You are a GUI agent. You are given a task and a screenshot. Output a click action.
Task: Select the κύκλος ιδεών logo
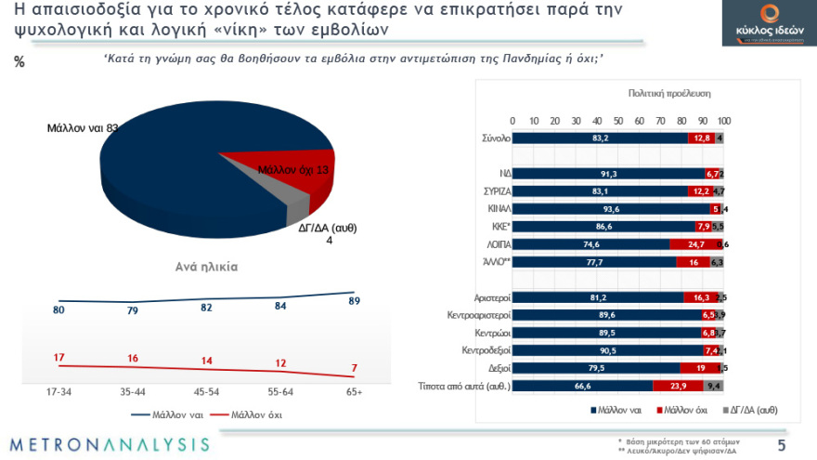click(x=760, y=25)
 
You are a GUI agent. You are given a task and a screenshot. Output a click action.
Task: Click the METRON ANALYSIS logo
click(x=110, y=444)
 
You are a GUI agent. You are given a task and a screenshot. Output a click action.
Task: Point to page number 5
click(x=781, y=445)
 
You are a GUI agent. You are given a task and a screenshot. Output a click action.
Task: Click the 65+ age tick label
click(x=354, y=392)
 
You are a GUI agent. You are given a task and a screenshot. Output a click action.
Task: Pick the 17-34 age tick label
click(x=58, y=392)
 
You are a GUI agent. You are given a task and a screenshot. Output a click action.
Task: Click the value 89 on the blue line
click(x=354, y=301)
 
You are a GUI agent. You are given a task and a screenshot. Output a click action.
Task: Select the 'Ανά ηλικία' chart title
click(x=206, y=266)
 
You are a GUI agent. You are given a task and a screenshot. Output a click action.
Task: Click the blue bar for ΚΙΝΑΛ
click(x=611, y=209)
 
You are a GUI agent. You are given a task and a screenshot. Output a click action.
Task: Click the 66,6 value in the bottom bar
click(x=582, y=386)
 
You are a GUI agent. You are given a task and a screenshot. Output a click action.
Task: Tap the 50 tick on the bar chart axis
click(x=618, y=121)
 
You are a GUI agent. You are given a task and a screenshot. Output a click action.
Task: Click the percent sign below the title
click(x=19, y=62)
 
